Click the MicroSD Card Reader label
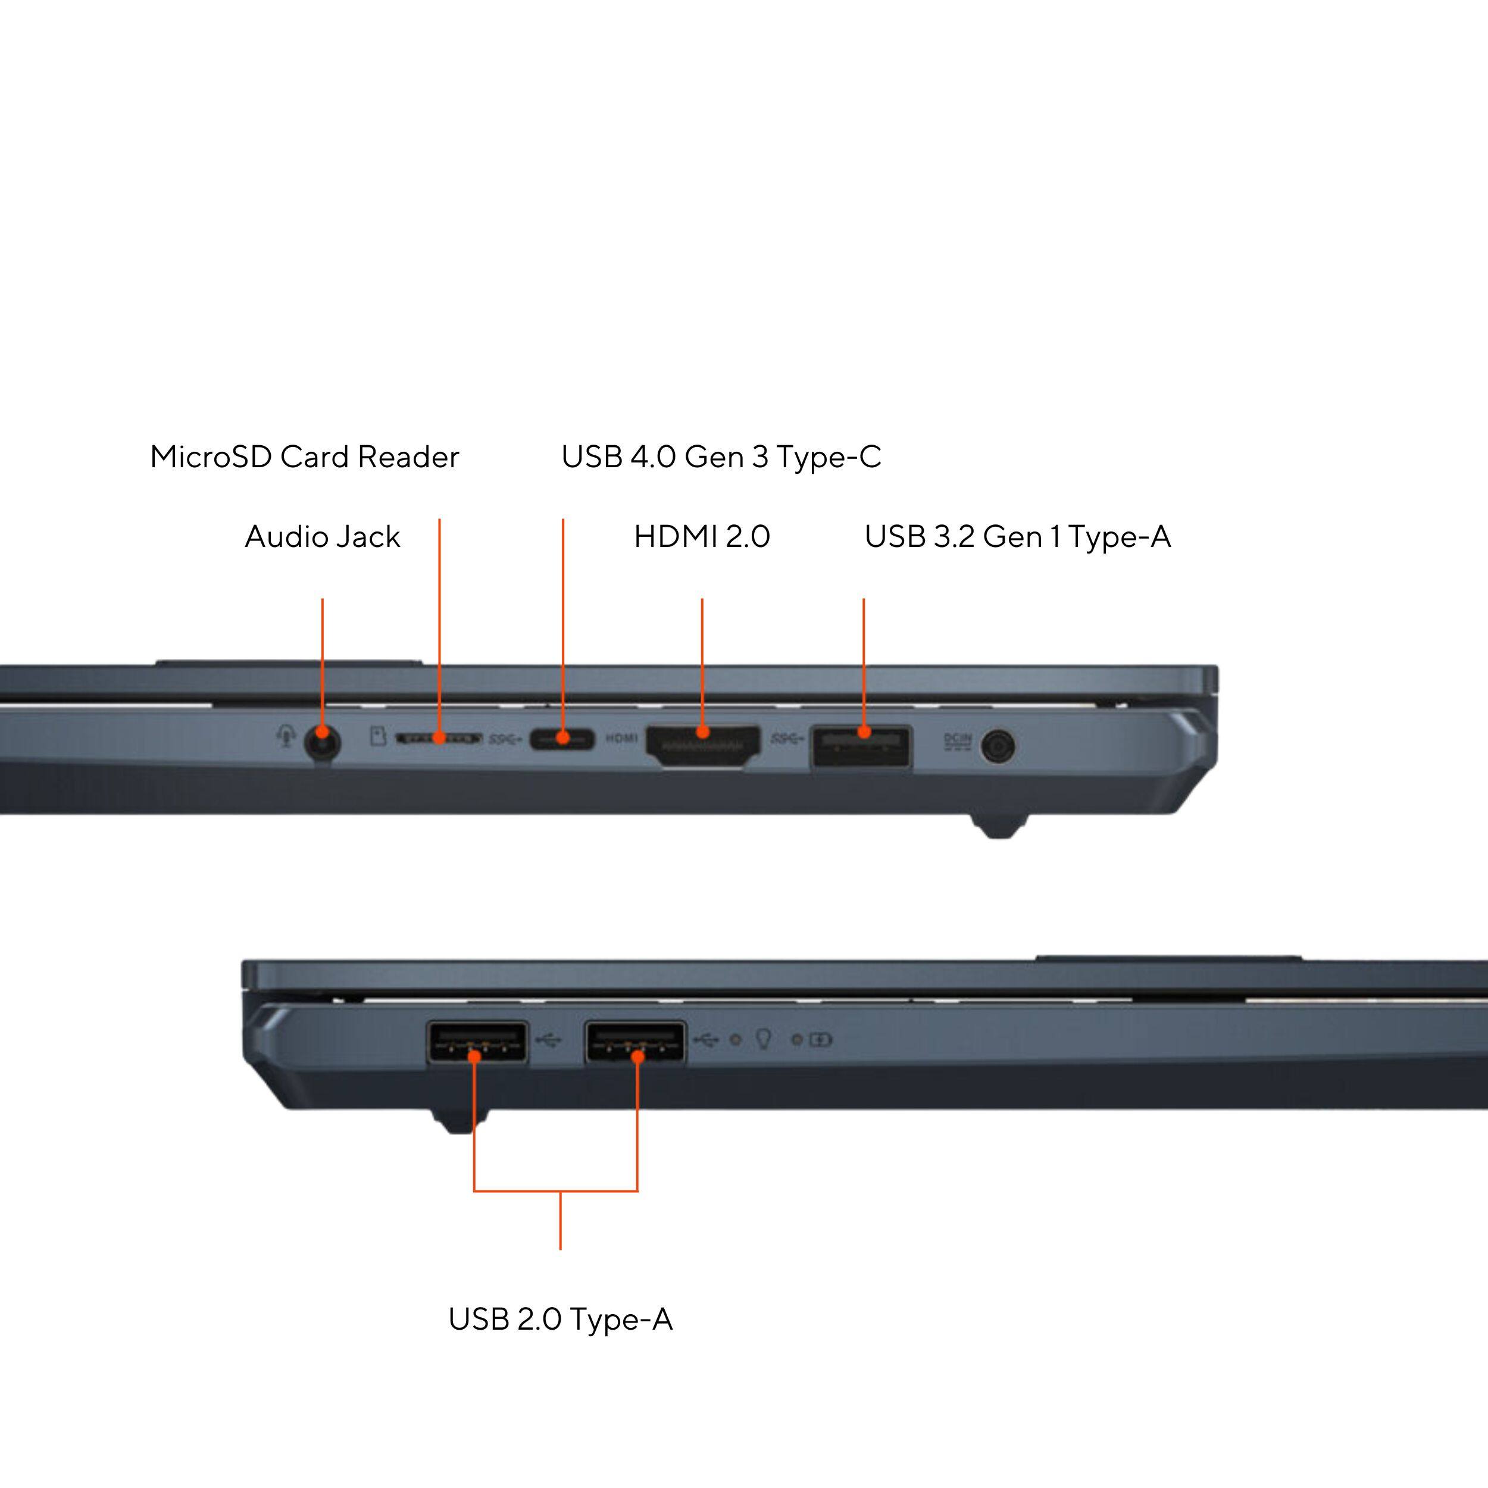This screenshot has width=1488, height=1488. click(304, 457)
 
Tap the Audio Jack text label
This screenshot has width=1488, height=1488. click(322, 537)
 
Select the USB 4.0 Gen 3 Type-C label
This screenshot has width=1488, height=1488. click(721, 457)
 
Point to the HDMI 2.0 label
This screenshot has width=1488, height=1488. click(702, 537)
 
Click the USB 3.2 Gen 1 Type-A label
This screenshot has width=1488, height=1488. click(1017, 537)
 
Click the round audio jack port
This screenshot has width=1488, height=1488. click(323, 745)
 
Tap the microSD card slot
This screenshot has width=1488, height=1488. click(438, 739)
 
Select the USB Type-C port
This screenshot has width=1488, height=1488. click(562, 739)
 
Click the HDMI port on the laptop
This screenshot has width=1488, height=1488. click(702, 745)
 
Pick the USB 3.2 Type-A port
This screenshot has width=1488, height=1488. click(861, 746)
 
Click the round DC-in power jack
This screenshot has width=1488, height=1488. click(998, 747)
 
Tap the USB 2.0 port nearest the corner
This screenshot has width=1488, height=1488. click(477, 1043)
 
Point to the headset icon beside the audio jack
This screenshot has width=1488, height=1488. click(286, 737)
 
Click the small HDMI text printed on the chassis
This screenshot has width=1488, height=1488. click(621, 739)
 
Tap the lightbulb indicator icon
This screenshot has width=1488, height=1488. click(763, 1039)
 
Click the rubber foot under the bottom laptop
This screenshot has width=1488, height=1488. click(460, 1121)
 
